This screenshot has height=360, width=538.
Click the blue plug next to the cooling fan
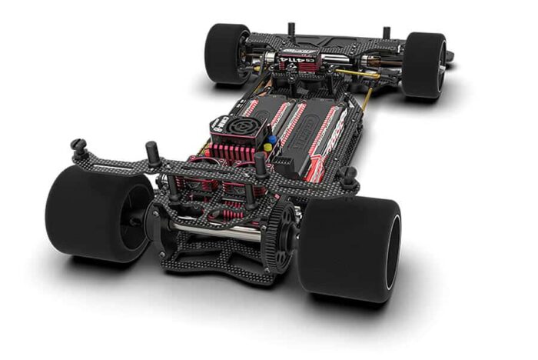point(271,139)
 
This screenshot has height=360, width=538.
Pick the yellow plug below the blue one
point(267,147)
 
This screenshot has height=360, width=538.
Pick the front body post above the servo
point(291,30)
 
